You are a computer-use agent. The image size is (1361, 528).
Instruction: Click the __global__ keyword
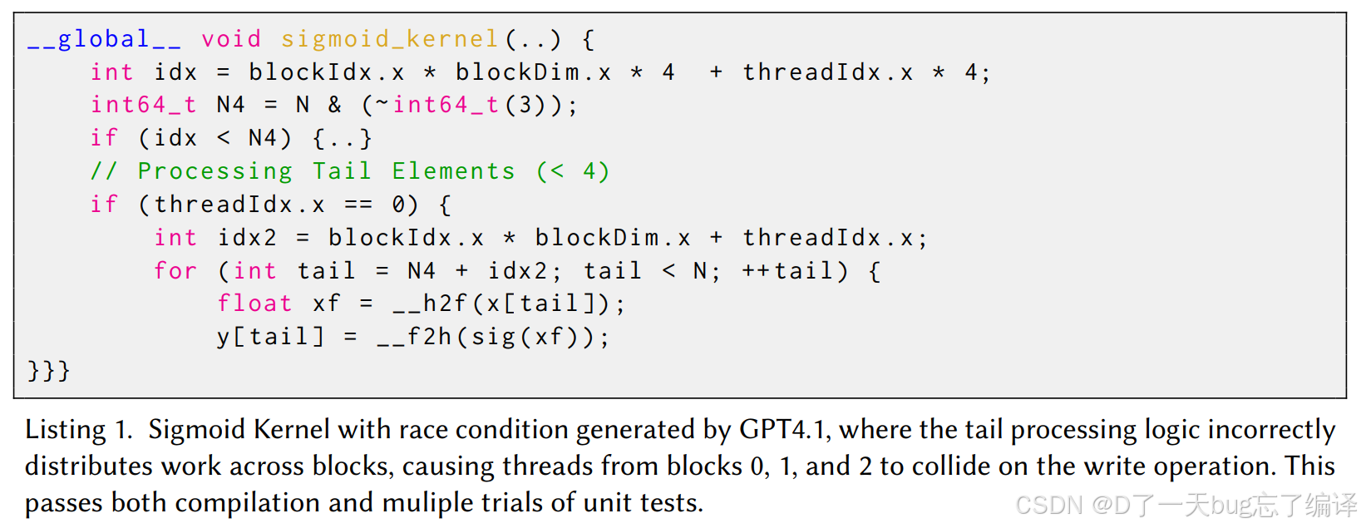[104, 39]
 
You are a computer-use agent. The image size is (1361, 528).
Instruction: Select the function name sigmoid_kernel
[390, 39]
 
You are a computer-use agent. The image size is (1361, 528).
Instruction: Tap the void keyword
[231, 39]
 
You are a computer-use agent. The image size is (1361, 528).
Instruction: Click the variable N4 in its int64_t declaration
[230, 105]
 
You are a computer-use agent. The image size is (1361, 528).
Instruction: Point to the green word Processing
[215, 171]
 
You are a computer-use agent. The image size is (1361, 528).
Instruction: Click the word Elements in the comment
[453, 171]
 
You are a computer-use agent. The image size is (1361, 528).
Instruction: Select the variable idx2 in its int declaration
[247, 238]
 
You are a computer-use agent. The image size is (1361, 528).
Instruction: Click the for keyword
[175, 271]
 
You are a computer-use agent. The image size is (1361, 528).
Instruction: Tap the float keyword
[254, 303]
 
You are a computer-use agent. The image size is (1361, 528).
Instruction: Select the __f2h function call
[414, 337]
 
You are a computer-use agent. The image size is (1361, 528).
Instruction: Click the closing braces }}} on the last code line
[49, 370]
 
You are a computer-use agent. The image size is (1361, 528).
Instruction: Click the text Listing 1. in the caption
[78, 430]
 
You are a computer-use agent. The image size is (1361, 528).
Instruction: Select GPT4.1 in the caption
[782, 430]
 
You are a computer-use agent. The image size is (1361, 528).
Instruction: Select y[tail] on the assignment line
[270, 337]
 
